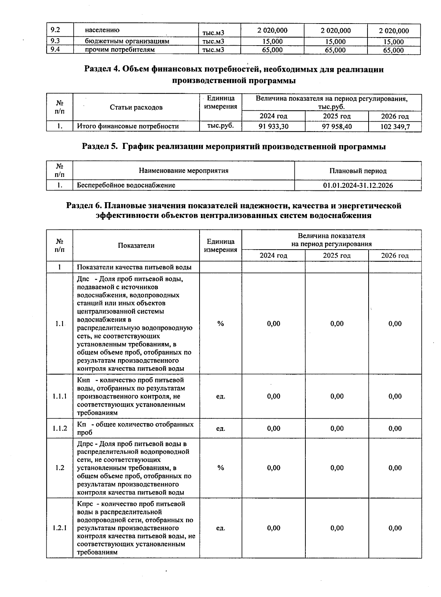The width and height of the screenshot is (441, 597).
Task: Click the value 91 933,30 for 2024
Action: coord(273,126)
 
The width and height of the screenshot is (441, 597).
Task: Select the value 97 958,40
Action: coord(337,126)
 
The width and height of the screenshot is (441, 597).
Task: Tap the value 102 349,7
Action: coord(395,127)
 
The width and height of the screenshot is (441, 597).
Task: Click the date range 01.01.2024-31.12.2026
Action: coord(358,186)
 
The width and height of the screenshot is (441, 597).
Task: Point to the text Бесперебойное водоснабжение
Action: coord(126,186)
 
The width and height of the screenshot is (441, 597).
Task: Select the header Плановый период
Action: coord(358,171)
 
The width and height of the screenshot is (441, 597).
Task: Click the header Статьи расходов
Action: coord(136,107)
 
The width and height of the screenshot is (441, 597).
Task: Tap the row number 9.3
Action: coord(55,41)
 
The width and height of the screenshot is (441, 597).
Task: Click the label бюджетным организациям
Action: coord(127,41)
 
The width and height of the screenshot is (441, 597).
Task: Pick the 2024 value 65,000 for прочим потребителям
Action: coord(272,50)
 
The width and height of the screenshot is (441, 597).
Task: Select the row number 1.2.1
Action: coord(60,528)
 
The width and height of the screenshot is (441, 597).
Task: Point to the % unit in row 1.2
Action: coord(220,468)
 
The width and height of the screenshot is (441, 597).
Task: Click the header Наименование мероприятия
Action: coord(183,171)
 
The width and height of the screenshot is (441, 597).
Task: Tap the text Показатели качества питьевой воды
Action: coord(134,267)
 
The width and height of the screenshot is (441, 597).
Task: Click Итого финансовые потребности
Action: coord(128,126)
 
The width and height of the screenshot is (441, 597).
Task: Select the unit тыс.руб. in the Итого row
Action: coord(220,126)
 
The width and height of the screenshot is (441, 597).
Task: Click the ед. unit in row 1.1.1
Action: coord(220,397)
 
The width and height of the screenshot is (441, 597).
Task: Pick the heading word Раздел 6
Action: coord(84,206)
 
